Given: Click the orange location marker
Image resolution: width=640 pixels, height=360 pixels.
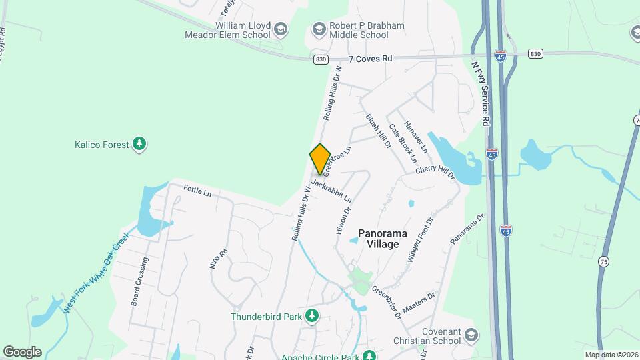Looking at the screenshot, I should pos(320,160).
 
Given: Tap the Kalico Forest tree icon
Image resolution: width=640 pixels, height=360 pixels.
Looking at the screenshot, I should pos(139,144).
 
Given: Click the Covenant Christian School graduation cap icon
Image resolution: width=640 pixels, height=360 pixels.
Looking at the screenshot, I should pos(472,335).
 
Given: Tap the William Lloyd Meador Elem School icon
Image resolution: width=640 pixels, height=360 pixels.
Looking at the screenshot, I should pos(281,29).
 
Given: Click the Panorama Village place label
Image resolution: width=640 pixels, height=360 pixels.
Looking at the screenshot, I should pos(379,239).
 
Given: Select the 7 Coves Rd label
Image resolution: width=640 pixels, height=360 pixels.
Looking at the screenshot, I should pos(370,59).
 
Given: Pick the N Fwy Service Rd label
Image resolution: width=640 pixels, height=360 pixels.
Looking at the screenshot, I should pos(481,93).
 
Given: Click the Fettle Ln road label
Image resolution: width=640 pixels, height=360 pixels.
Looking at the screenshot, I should pos(197,192).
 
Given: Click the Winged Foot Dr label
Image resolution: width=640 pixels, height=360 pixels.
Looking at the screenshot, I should pos(420,238).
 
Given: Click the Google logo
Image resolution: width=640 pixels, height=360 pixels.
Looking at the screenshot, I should pos(22,352).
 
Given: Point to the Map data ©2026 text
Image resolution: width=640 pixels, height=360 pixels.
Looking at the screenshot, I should pos(611,355).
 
